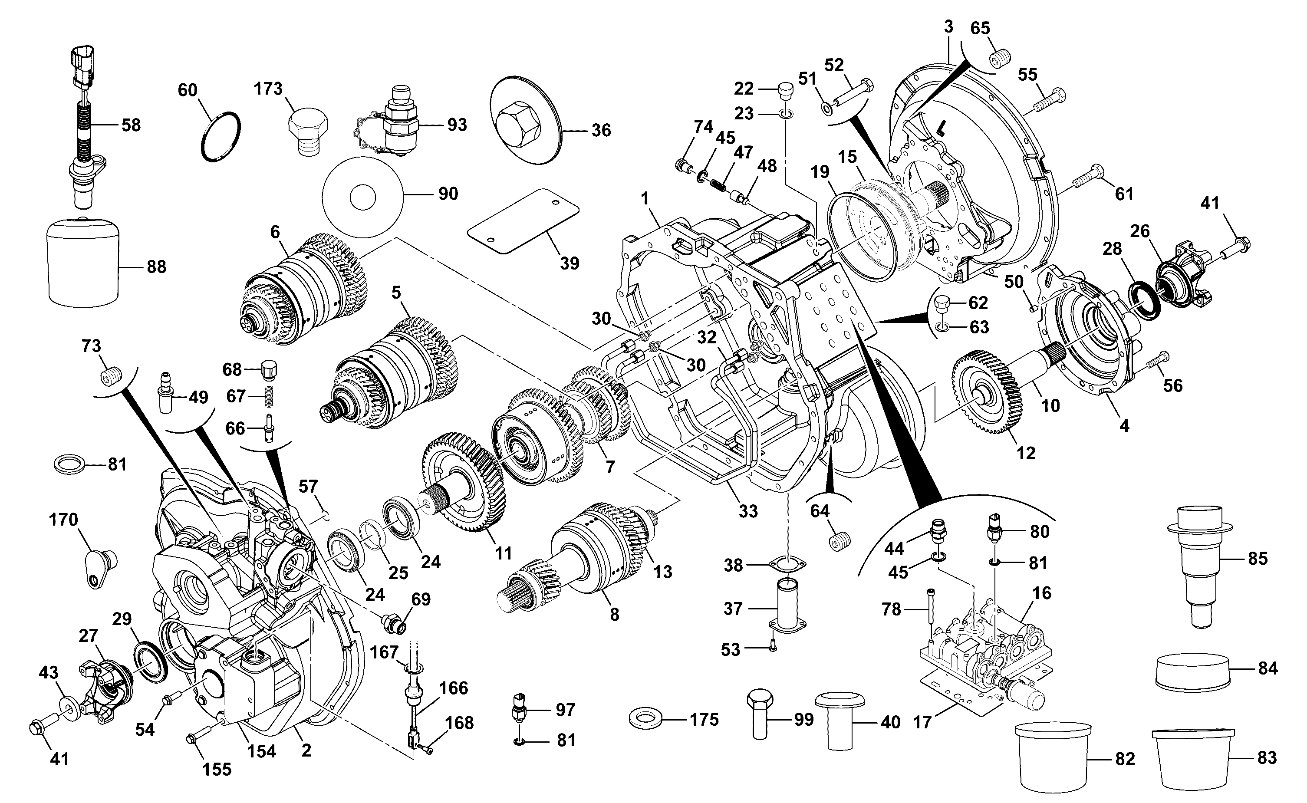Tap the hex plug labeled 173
tap(307, 131)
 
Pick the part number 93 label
tap(457, 125)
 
